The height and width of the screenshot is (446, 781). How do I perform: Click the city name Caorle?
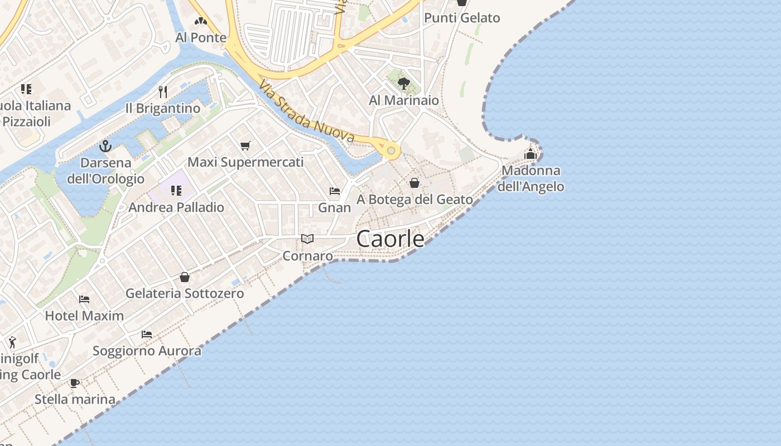pos(390,239)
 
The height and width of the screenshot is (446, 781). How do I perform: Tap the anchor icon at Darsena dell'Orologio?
pos(105,146)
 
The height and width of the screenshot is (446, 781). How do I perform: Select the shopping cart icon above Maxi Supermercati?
pos(245,146)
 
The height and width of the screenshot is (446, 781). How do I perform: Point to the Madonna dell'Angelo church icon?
pos(531,153)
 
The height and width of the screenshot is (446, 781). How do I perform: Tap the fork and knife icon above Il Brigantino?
pos(163,91)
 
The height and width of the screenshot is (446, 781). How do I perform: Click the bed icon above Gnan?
pos(335,191)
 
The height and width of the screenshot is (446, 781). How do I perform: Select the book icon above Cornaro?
pos(307,239)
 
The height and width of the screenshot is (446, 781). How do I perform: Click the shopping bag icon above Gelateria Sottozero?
pos(185,277)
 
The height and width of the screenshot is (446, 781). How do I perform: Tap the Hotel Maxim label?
pos(84,316)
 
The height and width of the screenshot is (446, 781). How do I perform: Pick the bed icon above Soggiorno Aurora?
pos(147,334)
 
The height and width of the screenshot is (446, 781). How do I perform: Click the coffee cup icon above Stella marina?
pos(75,383)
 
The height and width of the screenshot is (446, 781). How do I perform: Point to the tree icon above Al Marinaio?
pos(404,84)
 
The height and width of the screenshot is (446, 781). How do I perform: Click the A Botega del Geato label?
pos(414,199)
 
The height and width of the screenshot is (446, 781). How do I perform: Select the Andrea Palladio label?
pos(176,207)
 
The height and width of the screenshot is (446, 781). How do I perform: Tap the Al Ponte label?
pos(201,37)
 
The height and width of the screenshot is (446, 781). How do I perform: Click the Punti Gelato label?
pos(462,18)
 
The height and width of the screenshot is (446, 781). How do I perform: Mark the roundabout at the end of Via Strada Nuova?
pos(391,151)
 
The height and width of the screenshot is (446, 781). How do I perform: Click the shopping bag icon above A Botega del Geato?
pos(414,182)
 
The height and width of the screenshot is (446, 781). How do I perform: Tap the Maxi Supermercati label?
pos(245,162)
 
